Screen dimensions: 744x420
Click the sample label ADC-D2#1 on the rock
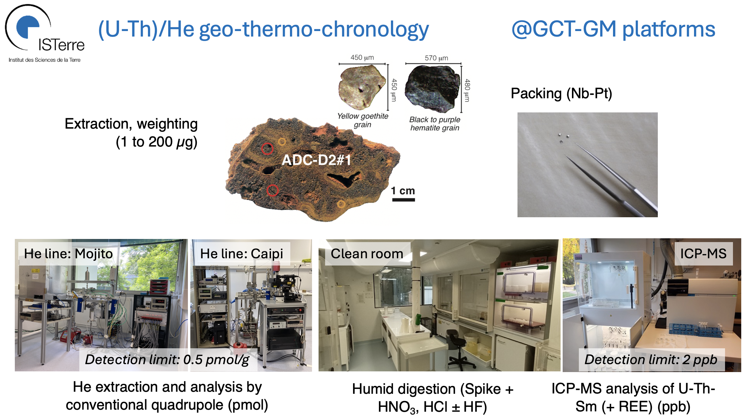point(316,160)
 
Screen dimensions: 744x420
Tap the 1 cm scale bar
point(403,199)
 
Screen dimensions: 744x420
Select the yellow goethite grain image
point(362,87)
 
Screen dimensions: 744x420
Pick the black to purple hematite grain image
point(432,89)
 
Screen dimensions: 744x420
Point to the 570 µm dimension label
point(436,58)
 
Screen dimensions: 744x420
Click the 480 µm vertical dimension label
point(467,90)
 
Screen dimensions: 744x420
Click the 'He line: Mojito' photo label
point(68,254)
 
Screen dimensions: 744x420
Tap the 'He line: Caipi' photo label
point(242,254)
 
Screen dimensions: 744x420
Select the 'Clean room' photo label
point(367,254)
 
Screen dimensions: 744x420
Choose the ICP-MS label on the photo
point(703,254)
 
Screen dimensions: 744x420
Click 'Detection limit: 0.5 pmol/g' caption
point(167,360)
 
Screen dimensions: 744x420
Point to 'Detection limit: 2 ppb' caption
point(651,360)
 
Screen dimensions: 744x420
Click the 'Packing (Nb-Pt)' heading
point(561,93)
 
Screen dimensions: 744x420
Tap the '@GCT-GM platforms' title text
point(613,29)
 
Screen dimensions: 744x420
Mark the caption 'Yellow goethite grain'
point(363,120)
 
